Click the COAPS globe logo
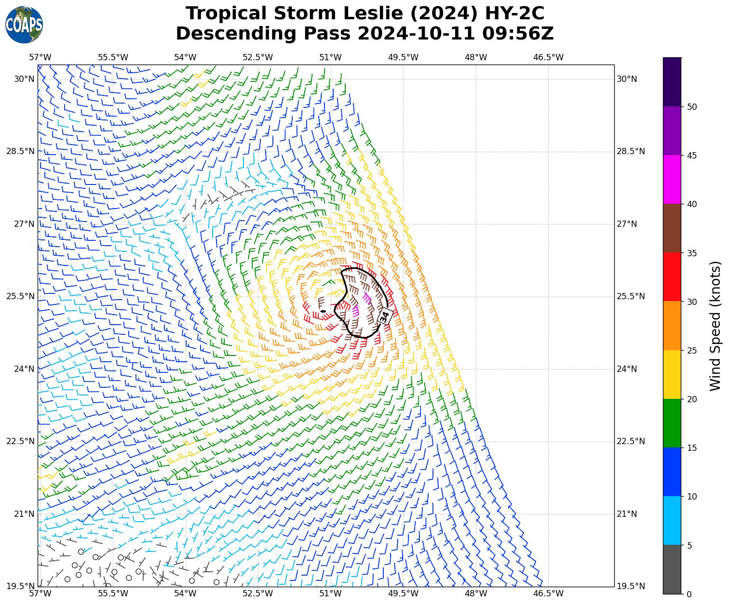pyautogui.click(x=24, y=25)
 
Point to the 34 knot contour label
pyautogui.click(x=384, y=317)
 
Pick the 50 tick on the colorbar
pyautogui.click(x=692, y=107)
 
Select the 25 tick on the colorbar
pyautogui.click(x=692, y=351)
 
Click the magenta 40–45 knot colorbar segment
pyautogui.click(x=672, y=179)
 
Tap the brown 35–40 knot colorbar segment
pyautogui.click(x=672, y=228)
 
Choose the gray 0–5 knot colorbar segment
pyautogui.click(x=672, y=569)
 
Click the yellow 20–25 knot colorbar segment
pyautogui.click(x=672, y=374)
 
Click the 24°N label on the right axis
pyautogui.click(x=627, y=369)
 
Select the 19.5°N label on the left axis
pyautogui.click(x=20, y=586)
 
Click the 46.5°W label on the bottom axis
pyautogui.click(x=548, y=593)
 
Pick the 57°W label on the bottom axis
pyautogui.click(x=40, y=593)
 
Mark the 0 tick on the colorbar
pyautogui.click(x=689, y=594)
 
